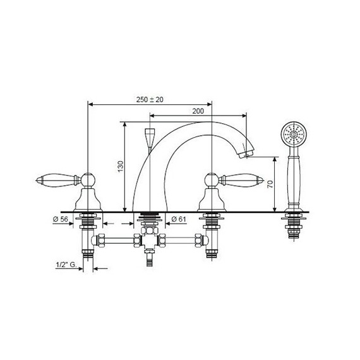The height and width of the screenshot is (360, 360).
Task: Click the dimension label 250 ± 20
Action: pos(150,100)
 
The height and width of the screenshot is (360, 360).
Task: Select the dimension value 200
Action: pos(198,111)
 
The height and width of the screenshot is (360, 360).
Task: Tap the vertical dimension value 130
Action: pos(121,167)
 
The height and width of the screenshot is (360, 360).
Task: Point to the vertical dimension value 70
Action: pos(270,184)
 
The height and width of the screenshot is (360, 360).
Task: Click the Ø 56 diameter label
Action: pos(61,219)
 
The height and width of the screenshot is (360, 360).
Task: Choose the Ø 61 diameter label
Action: pos(179,219)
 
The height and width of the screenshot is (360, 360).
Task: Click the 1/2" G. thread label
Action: pos(66,265)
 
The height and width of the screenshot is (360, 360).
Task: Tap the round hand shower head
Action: pos(294,134)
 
